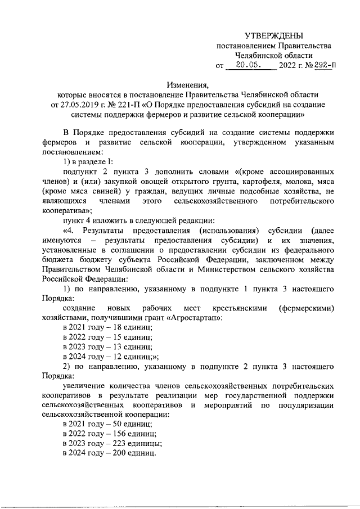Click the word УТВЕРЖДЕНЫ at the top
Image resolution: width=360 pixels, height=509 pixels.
[x=273, y=35]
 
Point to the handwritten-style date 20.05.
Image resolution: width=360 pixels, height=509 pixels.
[x=247, y=65]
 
